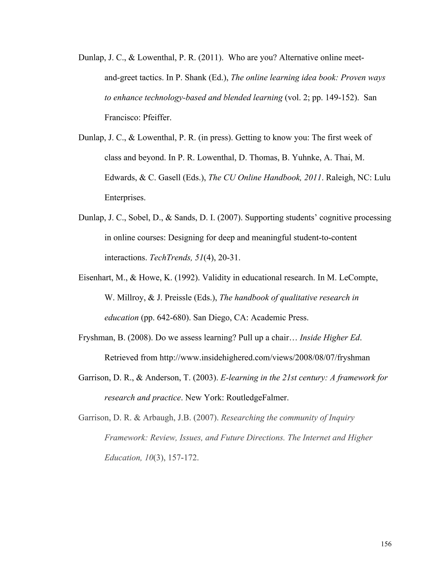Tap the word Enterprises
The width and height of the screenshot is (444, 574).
(125, 197)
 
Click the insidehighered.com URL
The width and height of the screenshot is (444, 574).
(264, 357)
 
